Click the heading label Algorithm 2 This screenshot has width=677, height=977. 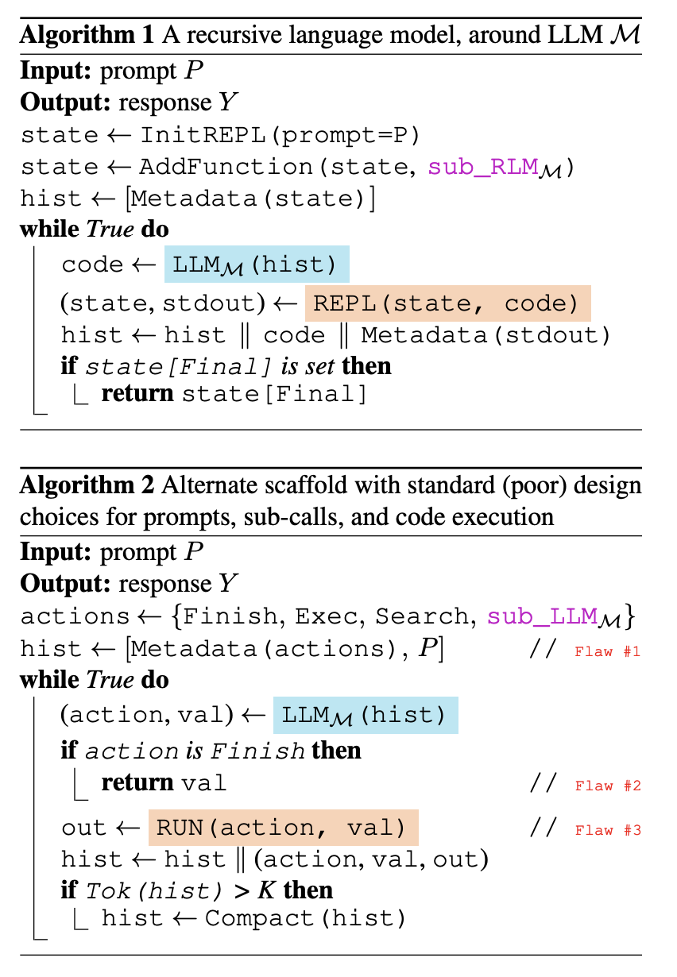[87, 485]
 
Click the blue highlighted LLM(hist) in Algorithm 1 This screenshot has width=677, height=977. [257, 265]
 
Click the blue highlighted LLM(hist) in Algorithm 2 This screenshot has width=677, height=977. [366, 715]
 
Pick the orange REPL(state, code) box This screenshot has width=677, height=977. [447, 303]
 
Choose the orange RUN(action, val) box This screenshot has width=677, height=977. [282, 828]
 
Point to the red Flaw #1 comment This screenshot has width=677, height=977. [608, 652]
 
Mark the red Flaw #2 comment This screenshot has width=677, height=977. [608, 786]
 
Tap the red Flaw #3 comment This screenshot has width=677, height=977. [608, 830]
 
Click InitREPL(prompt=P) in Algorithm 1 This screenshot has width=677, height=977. [279, 135]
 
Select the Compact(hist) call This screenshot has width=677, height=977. [305, 919]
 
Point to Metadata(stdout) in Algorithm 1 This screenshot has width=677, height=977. [486, 335]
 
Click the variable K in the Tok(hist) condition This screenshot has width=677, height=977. [268, 890]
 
